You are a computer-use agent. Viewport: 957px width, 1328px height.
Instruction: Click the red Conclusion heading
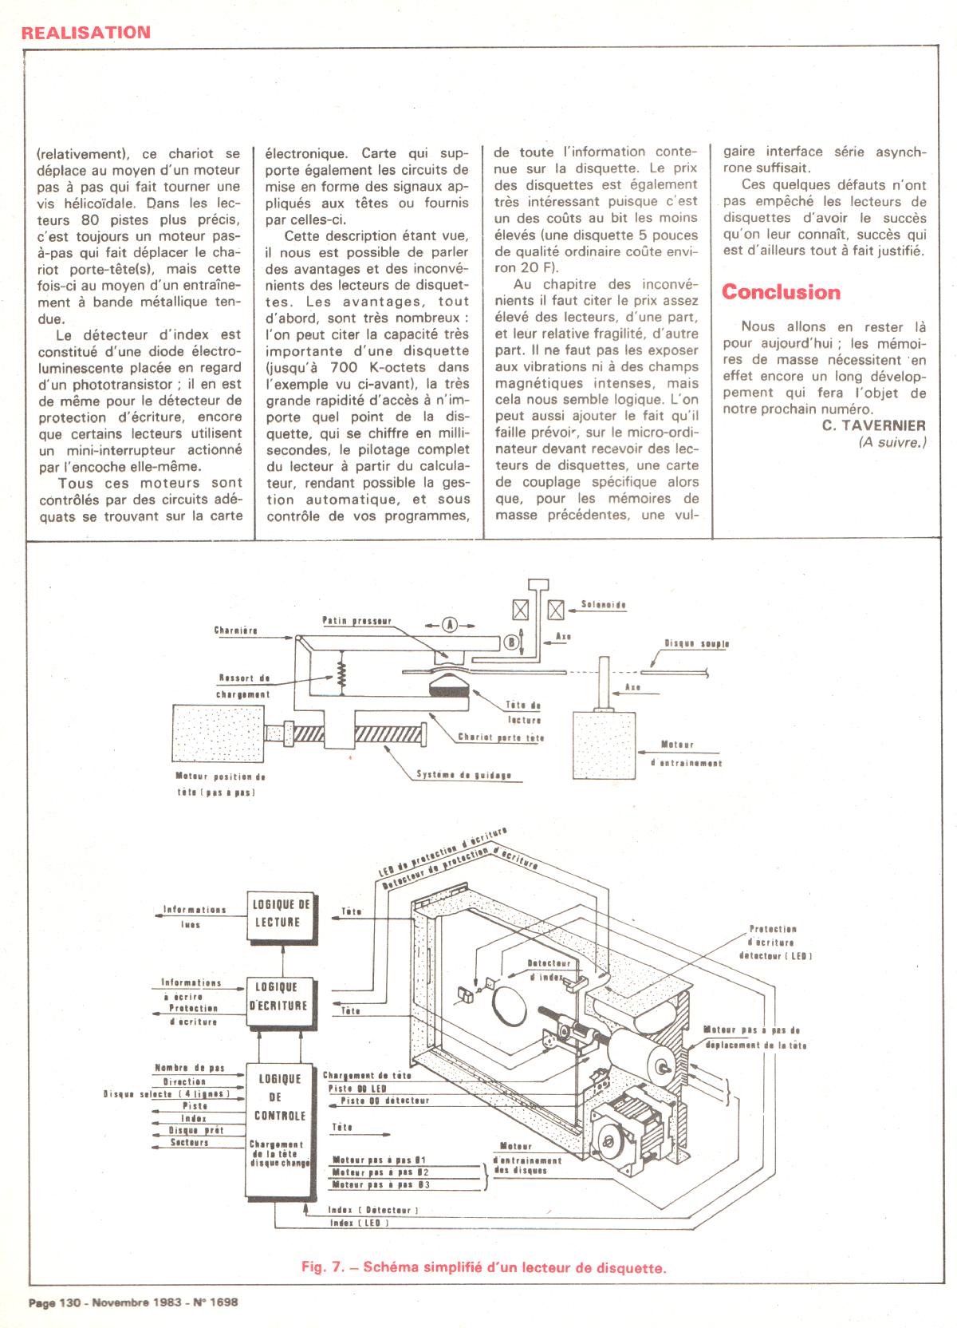pyautogui.click(x=781, y=292)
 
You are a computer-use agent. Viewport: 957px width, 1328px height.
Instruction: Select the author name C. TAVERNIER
pyautogui.click(x=874, y=425)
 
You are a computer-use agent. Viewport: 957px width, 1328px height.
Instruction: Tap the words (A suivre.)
pyautogui.click(x=892, y=442)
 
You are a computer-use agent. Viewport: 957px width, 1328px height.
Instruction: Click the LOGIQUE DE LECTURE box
pyautogui.click(x=281, y=914)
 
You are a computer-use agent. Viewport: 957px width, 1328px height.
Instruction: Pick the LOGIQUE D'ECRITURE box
pyautogui.click(x=278, y=998)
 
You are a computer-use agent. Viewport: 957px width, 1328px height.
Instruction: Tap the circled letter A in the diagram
pyautogui.click(x=449, y=626)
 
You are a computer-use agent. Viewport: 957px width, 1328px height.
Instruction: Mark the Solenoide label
pyautogui.click(x=604, y=606)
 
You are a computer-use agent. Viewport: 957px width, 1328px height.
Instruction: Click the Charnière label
pyautogui.click(x=235, y=630)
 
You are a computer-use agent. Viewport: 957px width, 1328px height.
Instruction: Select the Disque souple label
pyautogui.click(x=696, y=643)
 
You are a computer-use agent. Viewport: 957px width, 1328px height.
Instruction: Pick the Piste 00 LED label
pyautogui.click(x=357, y=1088)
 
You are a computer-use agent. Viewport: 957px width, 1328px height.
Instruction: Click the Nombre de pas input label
pyautogui.click(x=189, y=1068)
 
